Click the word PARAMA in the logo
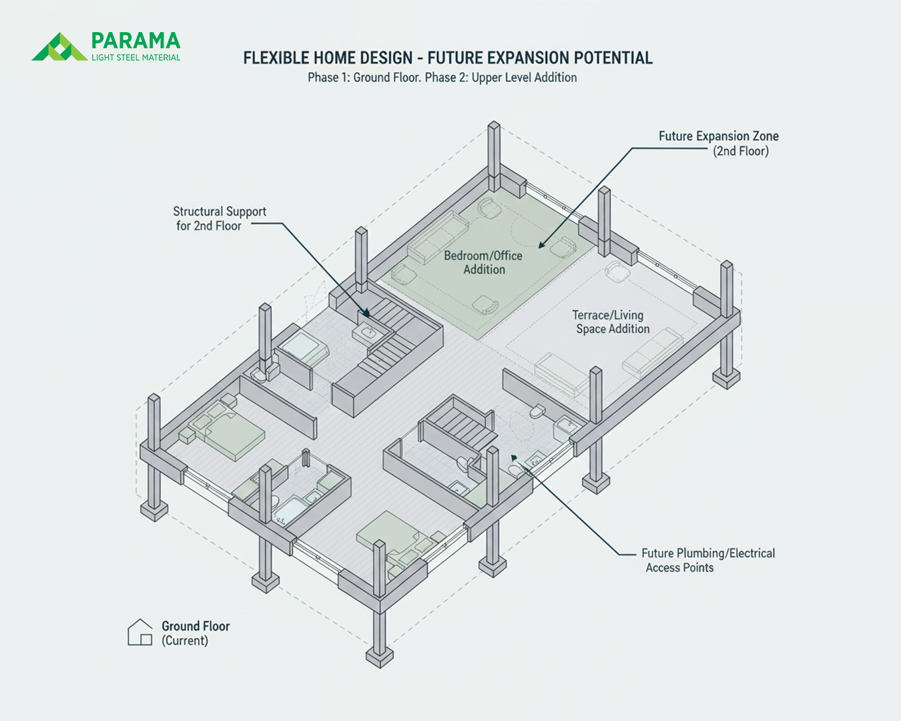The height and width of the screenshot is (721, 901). coord(135,41)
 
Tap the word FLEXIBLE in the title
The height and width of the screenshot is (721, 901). coord(276,58)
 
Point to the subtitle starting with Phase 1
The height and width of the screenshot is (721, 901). coord(442,77)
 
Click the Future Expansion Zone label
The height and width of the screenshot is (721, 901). coord(718,144)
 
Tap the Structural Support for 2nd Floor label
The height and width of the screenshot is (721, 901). coord(220,219)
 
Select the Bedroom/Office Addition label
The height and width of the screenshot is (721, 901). coord(483,262)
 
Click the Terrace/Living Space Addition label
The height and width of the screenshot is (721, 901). coord(611,322)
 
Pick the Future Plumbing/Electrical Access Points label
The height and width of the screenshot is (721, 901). coord(708,561)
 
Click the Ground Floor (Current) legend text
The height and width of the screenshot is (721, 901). coord(196,633)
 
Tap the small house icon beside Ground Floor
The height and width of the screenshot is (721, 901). coord(140,632)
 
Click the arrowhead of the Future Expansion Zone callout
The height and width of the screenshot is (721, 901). coord(542,245)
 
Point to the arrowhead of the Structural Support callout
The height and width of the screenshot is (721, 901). coord(366,313)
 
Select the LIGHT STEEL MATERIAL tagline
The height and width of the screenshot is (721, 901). coord(135,57)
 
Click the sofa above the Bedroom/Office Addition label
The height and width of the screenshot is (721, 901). coord(438,237)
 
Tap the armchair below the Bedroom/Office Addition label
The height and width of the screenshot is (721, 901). coord(485,304)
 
